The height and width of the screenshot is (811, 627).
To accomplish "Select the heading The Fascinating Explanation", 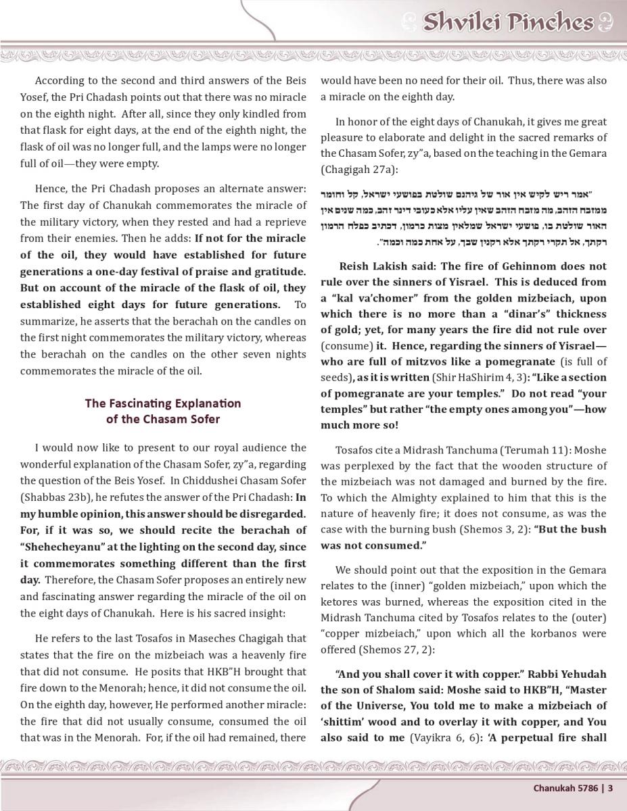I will (162, 403).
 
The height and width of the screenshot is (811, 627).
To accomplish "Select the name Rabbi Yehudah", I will (567, 674).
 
